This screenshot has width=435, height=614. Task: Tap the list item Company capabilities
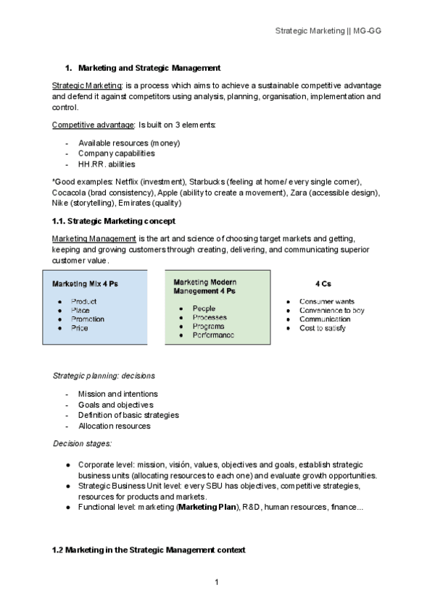coord(116,153)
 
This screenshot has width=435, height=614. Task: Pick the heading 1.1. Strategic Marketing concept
coord(113,220)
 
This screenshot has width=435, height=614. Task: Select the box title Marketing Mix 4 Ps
coord(85,284)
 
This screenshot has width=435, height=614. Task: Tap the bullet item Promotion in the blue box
coord(88,319)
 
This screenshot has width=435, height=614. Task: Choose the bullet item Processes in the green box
coord(210,318)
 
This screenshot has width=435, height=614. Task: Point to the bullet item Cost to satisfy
coord(323,328)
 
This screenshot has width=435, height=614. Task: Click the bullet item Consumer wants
coord(326,301)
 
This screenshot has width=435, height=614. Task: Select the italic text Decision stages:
coord(82,443)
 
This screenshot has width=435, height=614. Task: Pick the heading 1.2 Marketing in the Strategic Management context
coord(149,551)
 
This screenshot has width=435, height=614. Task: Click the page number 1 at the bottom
coord(217,582)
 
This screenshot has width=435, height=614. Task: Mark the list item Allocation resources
coord(114,426)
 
